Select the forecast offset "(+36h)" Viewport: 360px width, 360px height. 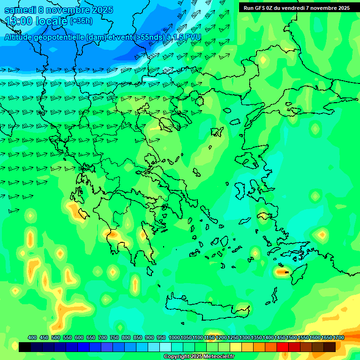click(82, 21)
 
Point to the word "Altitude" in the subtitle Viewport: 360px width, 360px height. click(20, 37)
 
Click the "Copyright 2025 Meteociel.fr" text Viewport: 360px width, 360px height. click(199, 356)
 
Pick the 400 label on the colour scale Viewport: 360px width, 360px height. click(32, 337)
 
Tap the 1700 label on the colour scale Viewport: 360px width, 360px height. click(338, 337)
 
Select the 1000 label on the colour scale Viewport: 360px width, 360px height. click(174, 337)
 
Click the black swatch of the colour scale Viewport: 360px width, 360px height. click(25, 347)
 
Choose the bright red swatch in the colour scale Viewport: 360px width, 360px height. click(283, 347)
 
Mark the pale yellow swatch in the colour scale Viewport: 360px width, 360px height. click(236, 347)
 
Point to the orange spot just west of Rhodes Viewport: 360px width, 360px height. click(281, 271)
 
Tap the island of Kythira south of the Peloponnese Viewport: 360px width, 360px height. click(150, 271)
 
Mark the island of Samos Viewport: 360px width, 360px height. click(262, 217)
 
